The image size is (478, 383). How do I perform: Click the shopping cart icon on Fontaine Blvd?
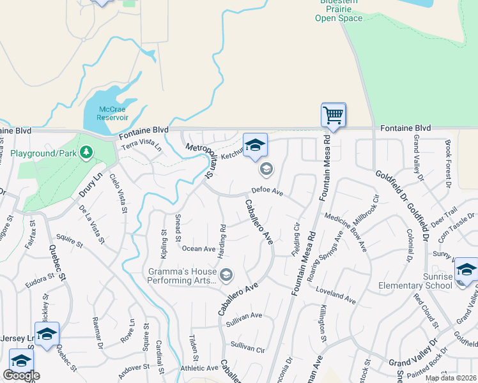(333, 115)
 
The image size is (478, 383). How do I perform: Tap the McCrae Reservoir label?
(112, 113)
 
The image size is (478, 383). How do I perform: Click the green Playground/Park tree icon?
(87, 153)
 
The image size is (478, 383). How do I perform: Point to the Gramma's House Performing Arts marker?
(226, 274)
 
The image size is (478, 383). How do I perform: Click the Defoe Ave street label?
(266, 190)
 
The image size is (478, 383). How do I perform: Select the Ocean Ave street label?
(199, 249)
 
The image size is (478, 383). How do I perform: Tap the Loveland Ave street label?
(335, 294)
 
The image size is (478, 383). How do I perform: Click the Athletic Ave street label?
(199, 368)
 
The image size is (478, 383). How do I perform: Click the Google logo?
(21, 375)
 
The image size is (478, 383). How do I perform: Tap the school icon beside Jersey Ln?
(47, 334)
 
